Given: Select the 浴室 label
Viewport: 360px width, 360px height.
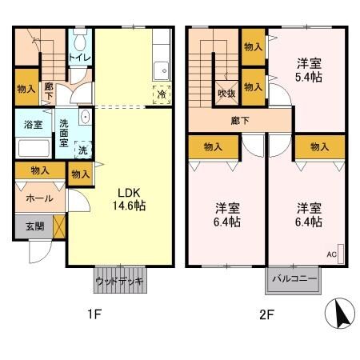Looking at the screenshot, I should pyautogui.click(x=33, y=125).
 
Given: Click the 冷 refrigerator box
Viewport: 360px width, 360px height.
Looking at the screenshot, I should pyautogui.click(x=162, y=94).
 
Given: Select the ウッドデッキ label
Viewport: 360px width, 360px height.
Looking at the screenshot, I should pyautogui.click(x=118, y=282).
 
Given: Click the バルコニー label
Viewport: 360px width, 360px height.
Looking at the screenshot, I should pyautogui.click(x=293, y=280).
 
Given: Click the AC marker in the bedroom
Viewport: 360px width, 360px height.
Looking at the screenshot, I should pyautogui.click(x=331, y=254).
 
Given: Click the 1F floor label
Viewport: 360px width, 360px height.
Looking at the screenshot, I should pyautogui.click(x=94, y=314).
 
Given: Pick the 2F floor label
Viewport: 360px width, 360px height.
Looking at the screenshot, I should pyautogui.click(x=266, y=314).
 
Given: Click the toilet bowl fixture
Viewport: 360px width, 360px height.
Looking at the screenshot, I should pyautogui.click(x=78, y=41).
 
